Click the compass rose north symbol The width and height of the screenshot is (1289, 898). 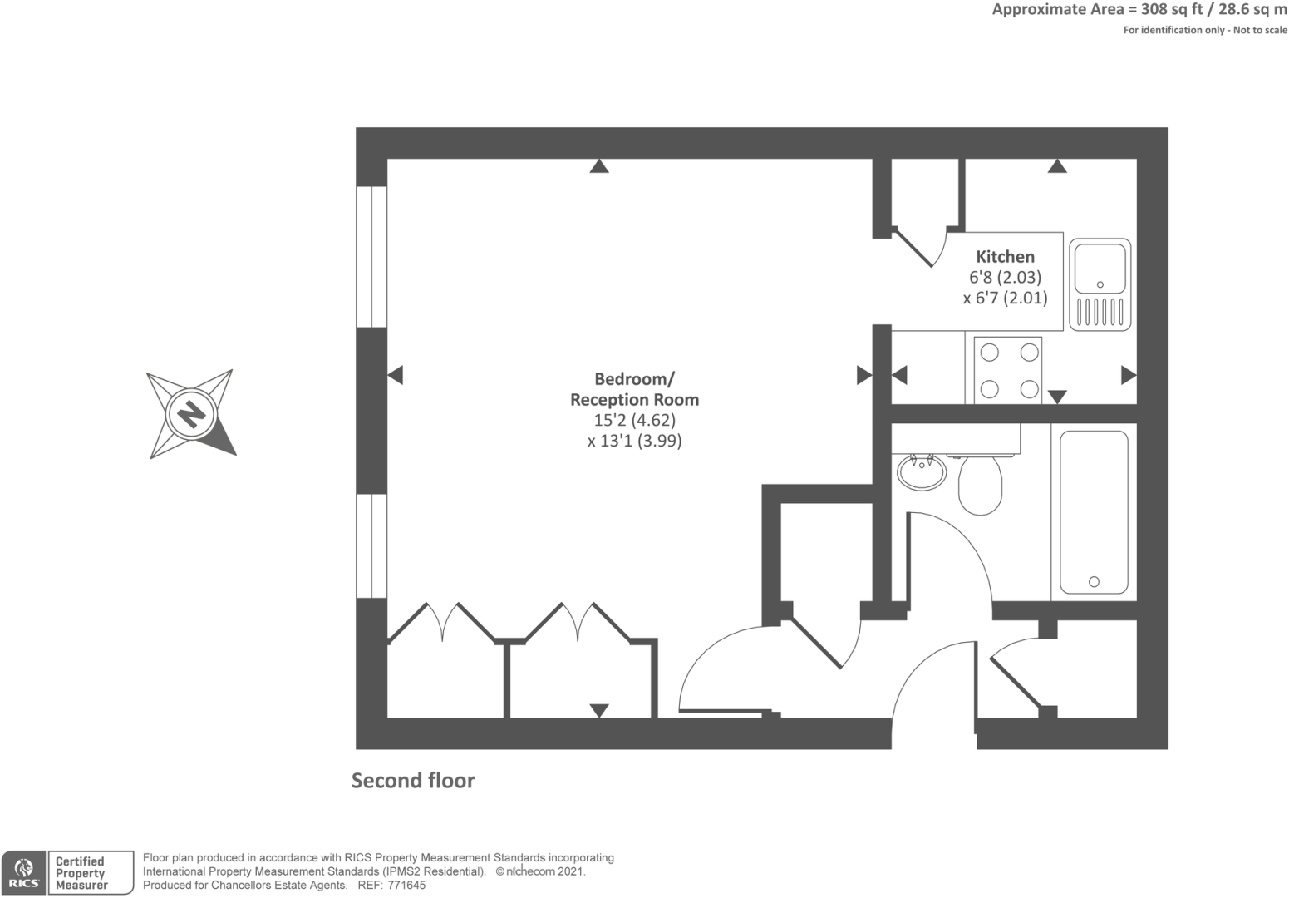tap(192, 413)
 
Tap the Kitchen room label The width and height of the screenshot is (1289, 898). tap(1005, 257)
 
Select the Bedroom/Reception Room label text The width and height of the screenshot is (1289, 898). tap(634, 389)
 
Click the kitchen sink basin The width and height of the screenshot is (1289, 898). tap(1100, 268)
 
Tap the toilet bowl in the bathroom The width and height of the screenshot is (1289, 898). tap(981, 486)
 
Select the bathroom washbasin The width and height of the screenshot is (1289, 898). tap(921, 472)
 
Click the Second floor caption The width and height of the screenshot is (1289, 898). tap(413, 781)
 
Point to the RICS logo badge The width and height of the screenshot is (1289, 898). tap(23, 873)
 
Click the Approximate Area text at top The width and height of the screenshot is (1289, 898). tap(1139, 10)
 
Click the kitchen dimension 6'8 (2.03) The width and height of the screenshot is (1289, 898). tap(1005, 277)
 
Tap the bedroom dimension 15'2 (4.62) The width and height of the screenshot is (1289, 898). tap(634, 420)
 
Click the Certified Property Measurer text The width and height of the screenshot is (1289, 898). tap(81, 873)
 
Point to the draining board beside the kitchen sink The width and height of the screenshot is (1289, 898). tap(1100, 312)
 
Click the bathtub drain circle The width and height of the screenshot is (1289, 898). tap(1094, 582)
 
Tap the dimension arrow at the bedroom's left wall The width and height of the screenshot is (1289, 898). tap(396, 375)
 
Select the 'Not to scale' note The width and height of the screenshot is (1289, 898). tap(1260, 30)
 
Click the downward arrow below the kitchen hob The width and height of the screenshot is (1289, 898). tap(1056, 397)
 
